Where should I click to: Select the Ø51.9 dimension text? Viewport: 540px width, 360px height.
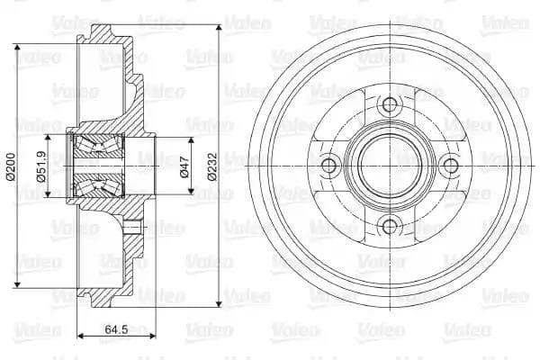[41, 165]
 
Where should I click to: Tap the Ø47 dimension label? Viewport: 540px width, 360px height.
[185, 165]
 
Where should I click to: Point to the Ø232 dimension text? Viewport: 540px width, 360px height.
[212, 165]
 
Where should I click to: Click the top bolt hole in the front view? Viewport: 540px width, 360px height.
[389, 105]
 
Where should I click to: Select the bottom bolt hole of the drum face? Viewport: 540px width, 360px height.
[389, 225]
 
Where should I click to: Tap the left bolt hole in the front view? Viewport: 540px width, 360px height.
[329, 165]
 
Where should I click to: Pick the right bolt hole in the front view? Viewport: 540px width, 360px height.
[448, 165]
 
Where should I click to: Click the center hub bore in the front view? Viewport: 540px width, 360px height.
[389, 165]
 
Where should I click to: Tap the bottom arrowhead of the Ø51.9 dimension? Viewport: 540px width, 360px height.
[51, 193]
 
